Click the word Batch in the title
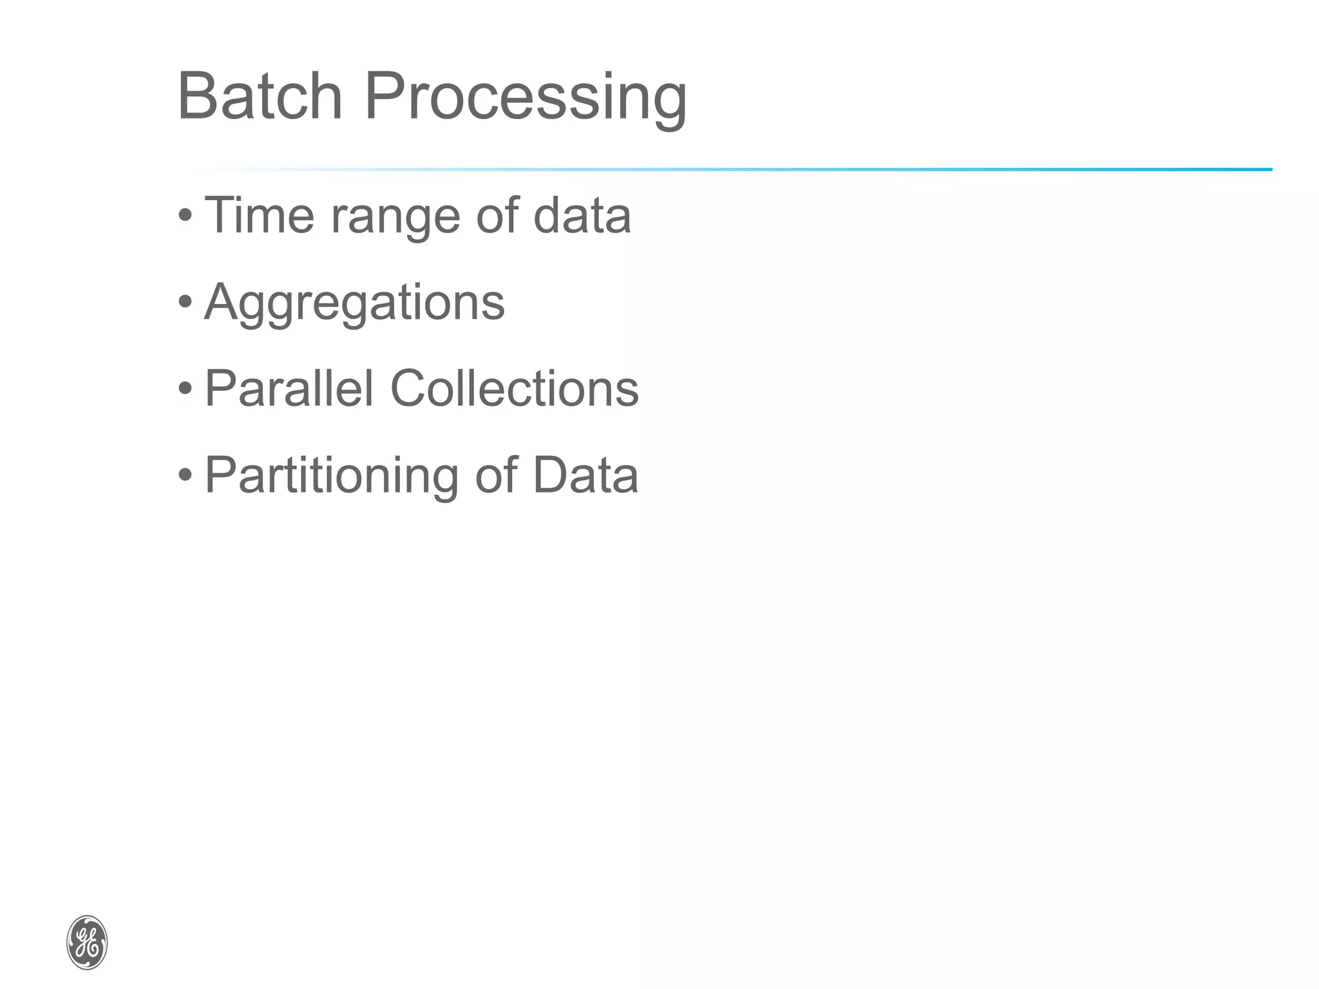point(259,97)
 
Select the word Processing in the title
point(526,98)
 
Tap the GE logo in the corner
point(87,942)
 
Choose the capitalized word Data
point(585,475)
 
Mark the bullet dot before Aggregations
point(185,301)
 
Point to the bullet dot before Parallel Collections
point(185,388)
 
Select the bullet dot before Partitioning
point(185,475)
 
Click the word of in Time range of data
point(497,215)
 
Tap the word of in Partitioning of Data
point(497,475)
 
